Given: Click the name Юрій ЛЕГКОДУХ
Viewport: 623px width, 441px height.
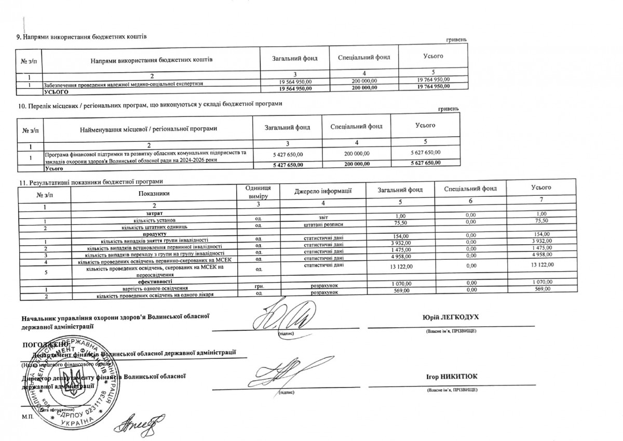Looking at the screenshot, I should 451,317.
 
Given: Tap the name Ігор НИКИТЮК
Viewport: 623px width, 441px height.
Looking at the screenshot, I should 451,377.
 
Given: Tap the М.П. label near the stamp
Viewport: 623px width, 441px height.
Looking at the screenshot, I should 27,417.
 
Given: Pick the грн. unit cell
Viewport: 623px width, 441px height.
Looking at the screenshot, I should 258,286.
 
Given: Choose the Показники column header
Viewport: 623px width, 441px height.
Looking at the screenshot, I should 154,193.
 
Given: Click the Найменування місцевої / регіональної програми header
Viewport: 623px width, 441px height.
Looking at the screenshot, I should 148,128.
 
